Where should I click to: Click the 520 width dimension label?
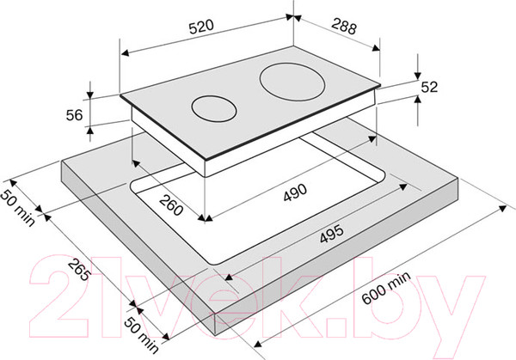[201, 27]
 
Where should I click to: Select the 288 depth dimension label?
[343, 27]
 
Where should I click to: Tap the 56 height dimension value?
[74, 115]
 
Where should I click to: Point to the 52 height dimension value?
[430, 87]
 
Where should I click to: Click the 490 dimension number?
[295, 192]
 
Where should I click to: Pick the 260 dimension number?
[171, 204]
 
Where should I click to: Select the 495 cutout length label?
[331, 234]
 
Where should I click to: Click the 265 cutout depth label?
[79, 270]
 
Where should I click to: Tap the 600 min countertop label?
[386, 288]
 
